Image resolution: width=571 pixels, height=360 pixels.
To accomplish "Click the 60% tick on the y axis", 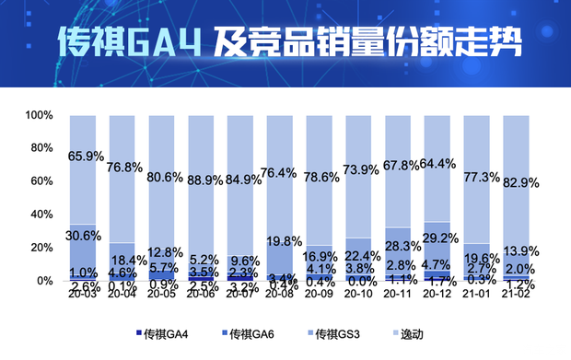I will click(40, 181).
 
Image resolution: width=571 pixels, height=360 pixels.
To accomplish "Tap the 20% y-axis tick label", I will click(40, 248).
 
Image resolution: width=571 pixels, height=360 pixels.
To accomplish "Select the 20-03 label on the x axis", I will click(83, 295).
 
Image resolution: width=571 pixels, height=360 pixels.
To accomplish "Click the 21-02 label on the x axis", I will click(516, 295).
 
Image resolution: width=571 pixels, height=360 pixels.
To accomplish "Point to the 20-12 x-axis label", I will click(437, 295).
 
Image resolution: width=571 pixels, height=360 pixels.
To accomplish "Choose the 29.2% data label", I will click(438, 237).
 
